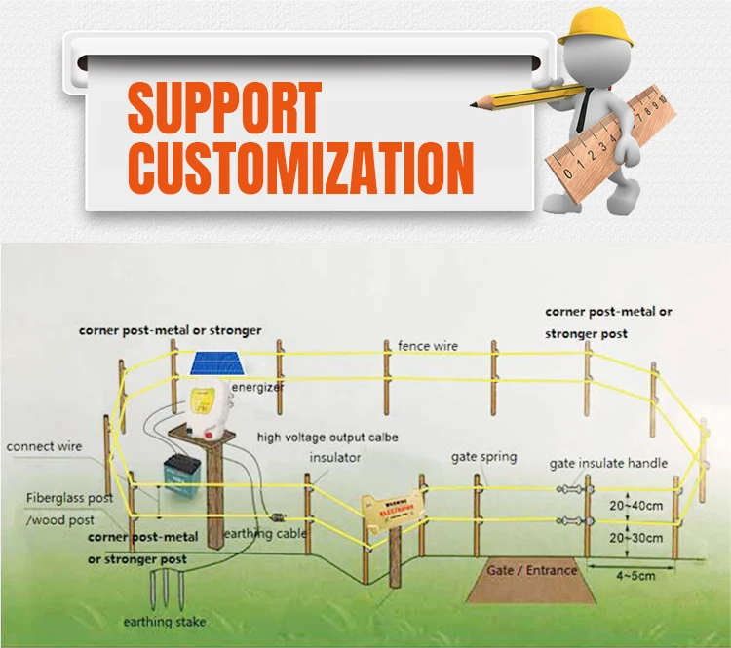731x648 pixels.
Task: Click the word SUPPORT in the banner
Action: [x=225, y=107]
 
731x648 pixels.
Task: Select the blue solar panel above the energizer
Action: [x=215, y=364]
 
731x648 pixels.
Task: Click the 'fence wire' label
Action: [x=427, y=346]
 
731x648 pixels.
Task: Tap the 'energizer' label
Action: [x=257, y=388]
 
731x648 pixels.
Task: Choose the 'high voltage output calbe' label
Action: [x=327, y=438]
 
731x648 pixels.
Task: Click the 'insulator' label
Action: [x=335, y=456]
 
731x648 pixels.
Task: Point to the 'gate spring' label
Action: [x=483, y=456]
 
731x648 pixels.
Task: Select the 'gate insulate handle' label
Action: [x=608, y=463]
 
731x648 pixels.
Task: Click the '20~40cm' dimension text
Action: [x=636, y=505]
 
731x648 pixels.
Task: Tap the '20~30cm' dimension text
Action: [x=636, y=537]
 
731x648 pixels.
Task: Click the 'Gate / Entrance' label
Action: [x=532, y=569]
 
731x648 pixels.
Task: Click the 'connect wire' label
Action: [x=44, y=446]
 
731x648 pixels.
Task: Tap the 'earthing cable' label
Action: [x=265, y=533]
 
